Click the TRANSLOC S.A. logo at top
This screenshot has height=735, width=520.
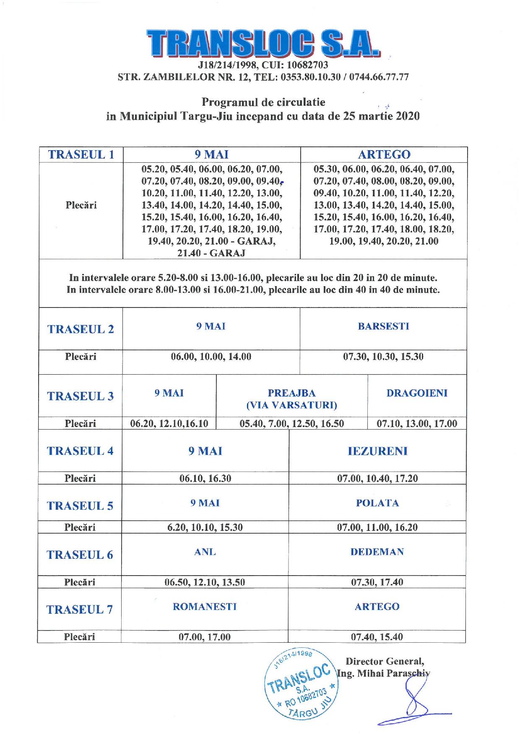[x=263, y=43]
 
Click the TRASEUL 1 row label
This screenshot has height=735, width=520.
[x=81, y=154]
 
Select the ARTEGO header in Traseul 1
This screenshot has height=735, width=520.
[x=384, y=154]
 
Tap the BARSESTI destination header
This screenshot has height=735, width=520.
[x=383, y=326]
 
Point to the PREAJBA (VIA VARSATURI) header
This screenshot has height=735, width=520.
[x=291, y=399]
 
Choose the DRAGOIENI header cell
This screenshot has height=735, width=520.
[x=417, y=393]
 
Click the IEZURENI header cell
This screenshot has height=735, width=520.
[x=377, y=451]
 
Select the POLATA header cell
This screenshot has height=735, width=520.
[x=377, y=503]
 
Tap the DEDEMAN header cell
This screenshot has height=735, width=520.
[x=377, y=552]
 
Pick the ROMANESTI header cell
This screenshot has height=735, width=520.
[x=205, y=607]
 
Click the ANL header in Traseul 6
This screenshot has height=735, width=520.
[x=205, y=552]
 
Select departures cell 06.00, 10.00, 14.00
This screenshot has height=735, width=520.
[x=211, y=357]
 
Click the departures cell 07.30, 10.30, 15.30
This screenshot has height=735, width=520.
[x=383, y=357]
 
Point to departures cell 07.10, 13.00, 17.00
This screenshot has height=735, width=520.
[x=417, y=424]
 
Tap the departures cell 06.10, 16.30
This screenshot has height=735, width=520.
[x=205, y=479]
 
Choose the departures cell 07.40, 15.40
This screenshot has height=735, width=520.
[x=377, y=637]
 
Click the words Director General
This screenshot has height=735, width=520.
[x=385, y=662]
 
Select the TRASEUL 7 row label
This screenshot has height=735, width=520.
[x=80, y=610]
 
